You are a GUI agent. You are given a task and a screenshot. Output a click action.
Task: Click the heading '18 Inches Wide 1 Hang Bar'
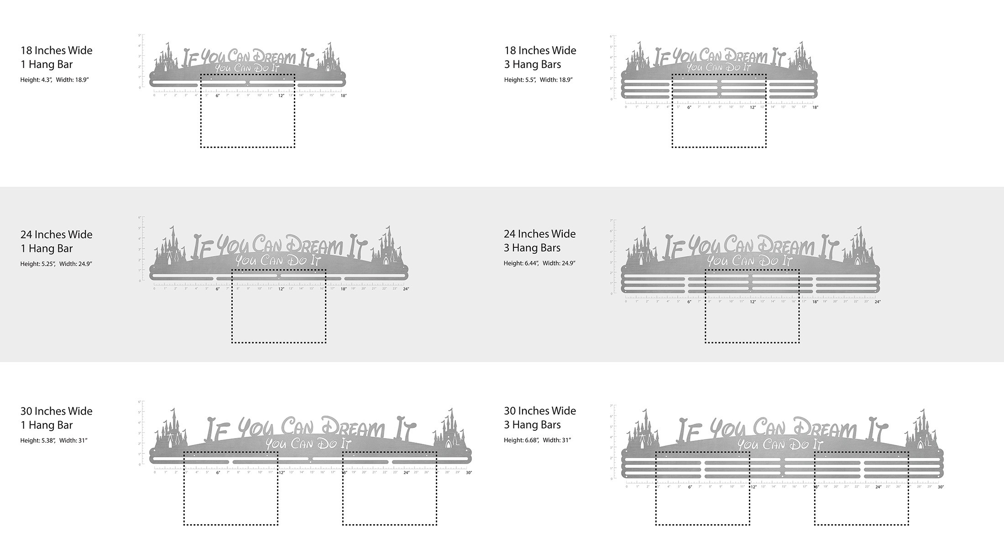[56, 57]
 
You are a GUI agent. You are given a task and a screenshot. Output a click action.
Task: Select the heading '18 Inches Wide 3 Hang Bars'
[540, 57]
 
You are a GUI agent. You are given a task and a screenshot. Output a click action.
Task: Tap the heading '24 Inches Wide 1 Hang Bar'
[56, 241]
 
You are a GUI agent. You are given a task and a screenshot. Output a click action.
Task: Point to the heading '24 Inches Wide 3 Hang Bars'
[539, 240]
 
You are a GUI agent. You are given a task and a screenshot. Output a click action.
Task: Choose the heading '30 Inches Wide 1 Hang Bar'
[56, 418]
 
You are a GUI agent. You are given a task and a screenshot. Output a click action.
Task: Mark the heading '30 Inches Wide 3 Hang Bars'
[540, 417]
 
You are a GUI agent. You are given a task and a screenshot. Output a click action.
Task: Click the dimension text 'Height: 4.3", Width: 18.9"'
[54, 80]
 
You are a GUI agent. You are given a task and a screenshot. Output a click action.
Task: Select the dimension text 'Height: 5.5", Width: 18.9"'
[538, 80]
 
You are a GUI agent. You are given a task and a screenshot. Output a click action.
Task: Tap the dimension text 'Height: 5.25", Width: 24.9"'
[56, 264]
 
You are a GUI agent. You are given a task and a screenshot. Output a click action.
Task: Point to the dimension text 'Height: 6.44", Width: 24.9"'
[539, 263]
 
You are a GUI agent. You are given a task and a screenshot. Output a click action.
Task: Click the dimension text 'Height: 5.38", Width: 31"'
[54, 440]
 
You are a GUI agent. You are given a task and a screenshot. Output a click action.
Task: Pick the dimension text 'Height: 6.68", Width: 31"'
[537, 440]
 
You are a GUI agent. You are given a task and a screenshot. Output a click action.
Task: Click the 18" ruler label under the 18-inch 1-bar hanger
[343, 95]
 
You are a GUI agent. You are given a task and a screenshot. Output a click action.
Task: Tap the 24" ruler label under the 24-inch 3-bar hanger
[877, 302]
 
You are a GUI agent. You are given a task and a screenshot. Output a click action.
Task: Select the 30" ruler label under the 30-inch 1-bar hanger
[469, 473]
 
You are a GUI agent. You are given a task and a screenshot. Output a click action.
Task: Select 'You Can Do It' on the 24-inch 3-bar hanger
[749, 261]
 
